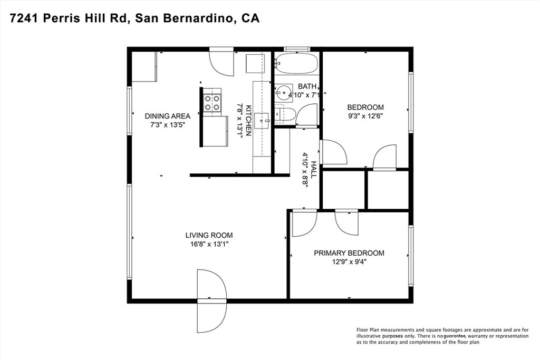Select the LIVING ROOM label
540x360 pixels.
(x=209, y=235)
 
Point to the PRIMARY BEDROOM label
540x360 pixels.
(x=349, y=253)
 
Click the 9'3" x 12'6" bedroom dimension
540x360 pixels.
(x=365, y=116)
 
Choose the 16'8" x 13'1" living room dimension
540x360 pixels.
(x=209, y=244)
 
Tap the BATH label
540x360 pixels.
(x=307, y=86)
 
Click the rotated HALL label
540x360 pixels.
(x=314, y=169)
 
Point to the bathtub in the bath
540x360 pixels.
(x=296, y=64)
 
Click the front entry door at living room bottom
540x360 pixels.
(x=211, y=300)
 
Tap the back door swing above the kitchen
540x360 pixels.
(x=221, y=62)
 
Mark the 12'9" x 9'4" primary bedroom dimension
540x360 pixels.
(x=349, y=262)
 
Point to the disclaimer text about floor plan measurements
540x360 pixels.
(x=442, y=336)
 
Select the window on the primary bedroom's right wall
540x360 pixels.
(x=411, y=256)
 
